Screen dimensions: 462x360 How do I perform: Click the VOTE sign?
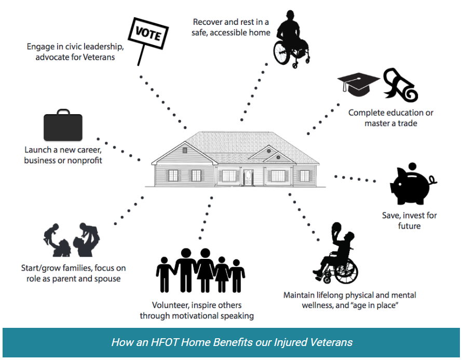click(148, 34)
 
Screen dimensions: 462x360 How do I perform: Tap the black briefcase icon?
click(63, 125)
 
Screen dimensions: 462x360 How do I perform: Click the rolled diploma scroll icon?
click(400, 85)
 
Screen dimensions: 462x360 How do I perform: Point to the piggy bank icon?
click(413, 186)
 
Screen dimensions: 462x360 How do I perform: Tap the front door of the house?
click(248, 177)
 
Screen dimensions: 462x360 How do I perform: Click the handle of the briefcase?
click(63, 112)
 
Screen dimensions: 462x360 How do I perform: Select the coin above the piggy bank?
click(413, 166)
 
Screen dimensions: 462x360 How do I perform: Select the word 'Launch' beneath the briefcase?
click(38, 150)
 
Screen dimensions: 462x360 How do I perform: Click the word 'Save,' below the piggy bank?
click(391, 215)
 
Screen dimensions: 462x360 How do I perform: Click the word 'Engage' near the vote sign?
click(40, 47)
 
